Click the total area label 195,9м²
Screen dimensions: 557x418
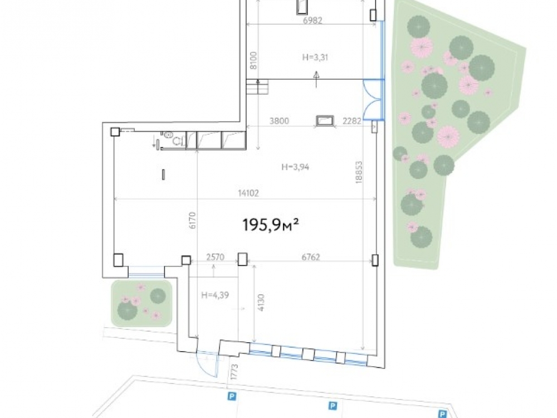pos(270,225)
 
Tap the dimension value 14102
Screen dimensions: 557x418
pos(248,193)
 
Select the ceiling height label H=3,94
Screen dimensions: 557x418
pos(295,167)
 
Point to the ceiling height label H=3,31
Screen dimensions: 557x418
pos(315,57)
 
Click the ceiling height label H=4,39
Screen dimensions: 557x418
pos(215,295)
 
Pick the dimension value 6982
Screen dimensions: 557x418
pos(312,21)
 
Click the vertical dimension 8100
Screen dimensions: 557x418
pos(253,60)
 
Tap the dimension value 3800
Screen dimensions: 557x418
pos(279,121)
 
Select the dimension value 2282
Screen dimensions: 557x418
pos(352,121)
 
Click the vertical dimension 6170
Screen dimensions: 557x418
pos(192,220)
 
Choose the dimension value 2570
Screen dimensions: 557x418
pos(215,257)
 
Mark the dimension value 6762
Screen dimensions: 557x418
pos(311,257)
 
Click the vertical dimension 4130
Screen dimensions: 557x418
pos(261,303)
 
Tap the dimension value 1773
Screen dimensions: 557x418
pos(234,371)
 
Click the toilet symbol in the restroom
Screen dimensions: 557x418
pos(168,135)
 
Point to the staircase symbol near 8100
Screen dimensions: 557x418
pos(257,87)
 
